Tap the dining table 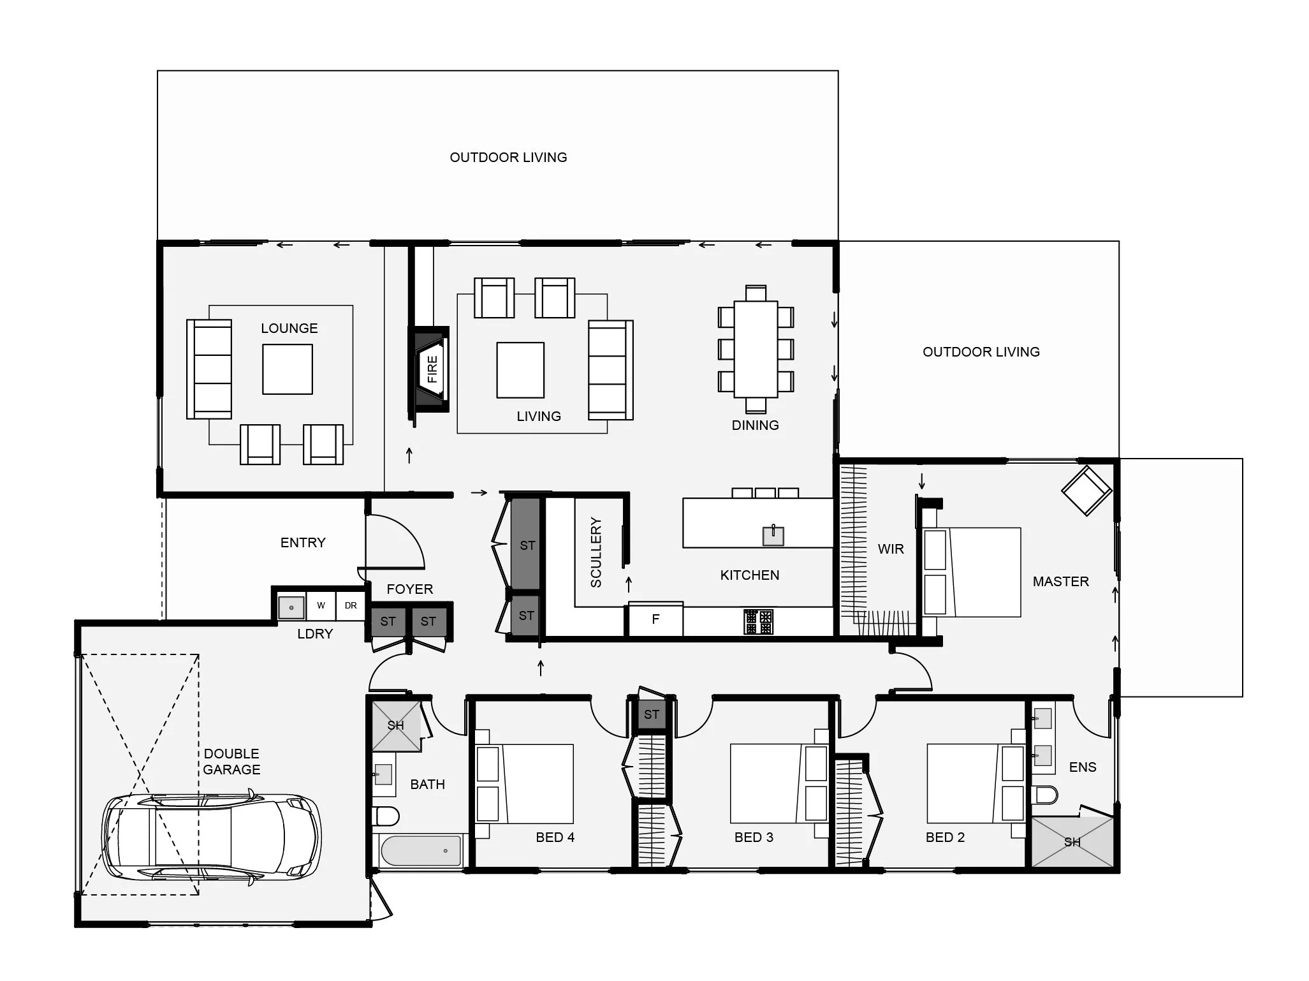click(756, 349)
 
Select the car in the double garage click(212, 836)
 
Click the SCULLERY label click(596, 552)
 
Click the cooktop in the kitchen click(759, 621)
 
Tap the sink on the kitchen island click(773, 535)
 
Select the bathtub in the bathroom click(421, 851)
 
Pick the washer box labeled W click(321, 605)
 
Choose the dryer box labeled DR click(350, 605)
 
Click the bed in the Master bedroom click(972, 572)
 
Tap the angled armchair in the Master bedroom click(1086, 490)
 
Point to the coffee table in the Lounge click(288, 369)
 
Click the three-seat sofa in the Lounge click(209, 369)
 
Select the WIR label click(891, 549)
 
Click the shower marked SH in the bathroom click(396, 725)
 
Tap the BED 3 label click(754, 837)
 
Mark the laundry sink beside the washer click(291, 607)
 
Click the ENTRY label click(303, 543)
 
